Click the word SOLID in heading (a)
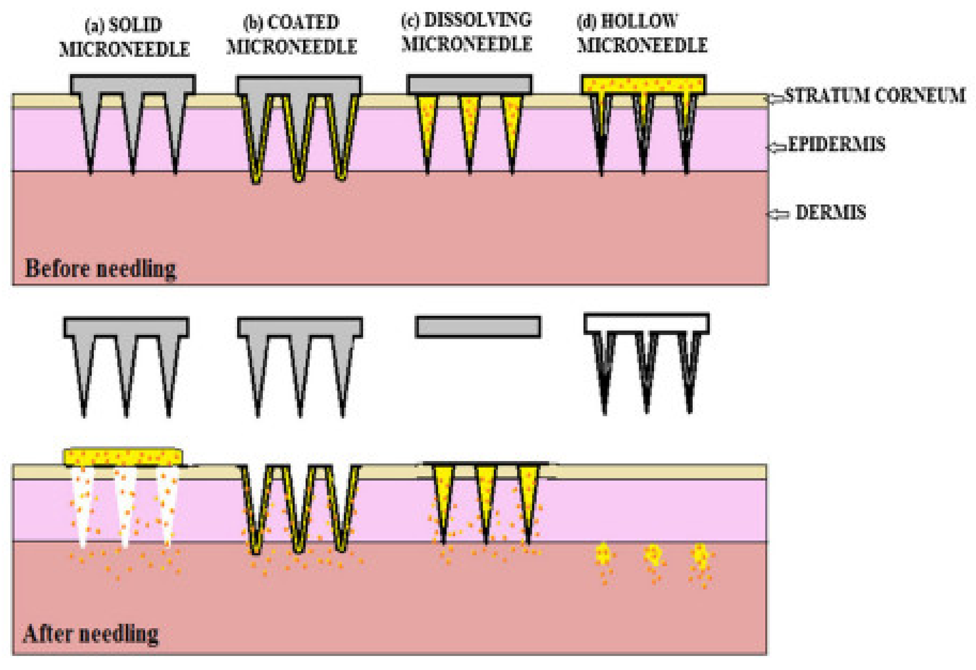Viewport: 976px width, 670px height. (135, 25)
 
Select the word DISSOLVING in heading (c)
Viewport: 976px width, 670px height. (478, 20)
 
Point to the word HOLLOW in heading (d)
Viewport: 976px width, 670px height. (639, 21)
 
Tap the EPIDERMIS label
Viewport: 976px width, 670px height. (837, 145)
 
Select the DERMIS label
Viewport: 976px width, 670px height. (830, 213)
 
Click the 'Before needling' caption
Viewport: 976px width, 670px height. (100, 269)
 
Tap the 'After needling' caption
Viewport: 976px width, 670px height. (91, 634)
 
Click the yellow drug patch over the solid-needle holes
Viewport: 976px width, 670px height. (123, 457)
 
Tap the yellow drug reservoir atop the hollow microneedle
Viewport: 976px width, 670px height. (643, 84)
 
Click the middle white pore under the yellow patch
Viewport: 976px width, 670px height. (125, 505)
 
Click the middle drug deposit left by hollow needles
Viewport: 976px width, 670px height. (652, 556)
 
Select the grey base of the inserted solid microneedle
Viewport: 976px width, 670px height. (133, 84)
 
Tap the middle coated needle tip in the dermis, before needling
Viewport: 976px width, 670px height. (299, 176)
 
